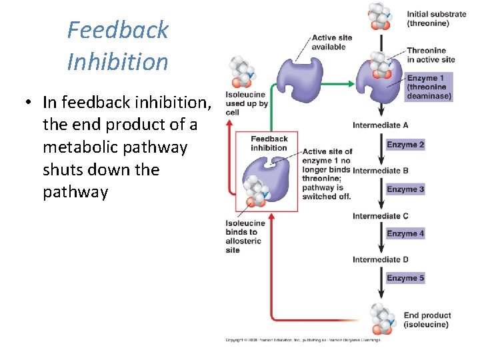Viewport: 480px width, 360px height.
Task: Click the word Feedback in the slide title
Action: pos(118,30)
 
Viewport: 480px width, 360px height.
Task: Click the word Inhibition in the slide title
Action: pos(118,62)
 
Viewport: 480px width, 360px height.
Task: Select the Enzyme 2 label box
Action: pos(405,145)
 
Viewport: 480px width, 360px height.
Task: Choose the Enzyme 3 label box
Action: pos(405,189)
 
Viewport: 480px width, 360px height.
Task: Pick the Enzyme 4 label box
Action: pos(405,233)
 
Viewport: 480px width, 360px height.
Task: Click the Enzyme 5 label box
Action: pos(405,278)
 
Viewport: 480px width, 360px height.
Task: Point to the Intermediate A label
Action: pos(380,125)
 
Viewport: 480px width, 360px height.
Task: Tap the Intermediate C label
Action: pos(380,216)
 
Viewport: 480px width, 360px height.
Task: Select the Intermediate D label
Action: pos(380,260)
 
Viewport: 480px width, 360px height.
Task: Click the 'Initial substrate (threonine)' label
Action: pos(437,19)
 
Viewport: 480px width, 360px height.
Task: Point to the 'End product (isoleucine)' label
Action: pos(427,320)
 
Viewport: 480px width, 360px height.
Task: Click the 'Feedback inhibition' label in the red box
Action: pos(269,143)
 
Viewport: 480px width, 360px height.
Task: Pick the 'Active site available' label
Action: pos(329,43)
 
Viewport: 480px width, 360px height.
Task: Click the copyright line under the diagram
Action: pos(303,340)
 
